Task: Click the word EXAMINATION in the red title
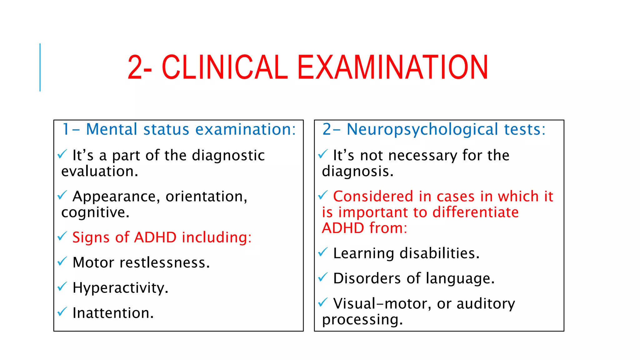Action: pyautogui.click(x=392, y=67)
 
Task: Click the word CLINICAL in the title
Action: pyautogui.click(x=224, y=67)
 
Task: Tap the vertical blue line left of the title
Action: pyautogui.click(x=40, y=67)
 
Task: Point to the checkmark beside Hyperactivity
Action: pyautogui.click(x=62, y=286)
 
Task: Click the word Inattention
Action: pyautogui.click(x=113, y=313)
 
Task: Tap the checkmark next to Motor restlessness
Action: pyautogui.click(x=62, y=261)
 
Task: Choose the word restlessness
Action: pyautogui.click(x=164, y=262)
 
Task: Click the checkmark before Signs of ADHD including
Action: pyautogui.click(x=62, y=236)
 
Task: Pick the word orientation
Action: pyautogui.click(x=206, y=197)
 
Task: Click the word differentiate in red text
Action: pyautogui.click(x=475, y=212)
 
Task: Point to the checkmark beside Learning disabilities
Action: pyautogui.click(x=323, y=252)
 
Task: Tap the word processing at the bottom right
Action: pyautogui.click(x=362, y=320)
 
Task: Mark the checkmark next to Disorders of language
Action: pyautogui.click(x=323, y=277)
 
